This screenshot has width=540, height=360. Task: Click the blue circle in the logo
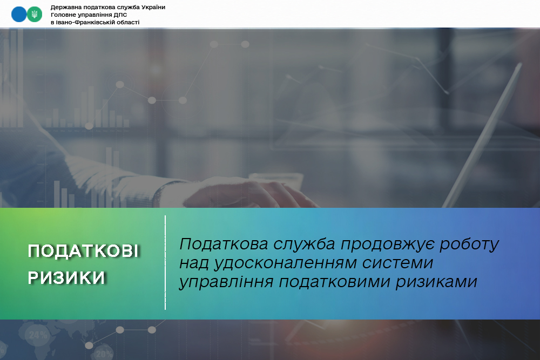click(x=18, y=15)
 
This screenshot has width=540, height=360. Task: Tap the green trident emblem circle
click(x=35, y=15)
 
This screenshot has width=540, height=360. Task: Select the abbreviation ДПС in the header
click(x=121, y=15)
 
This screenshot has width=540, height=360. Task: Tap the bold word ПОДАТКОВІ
click(x=83, y=251)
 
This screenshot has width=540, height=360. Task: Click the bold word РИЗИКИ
click(x=66, y=277)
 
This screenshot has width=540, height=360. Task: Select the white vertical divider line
click(x=165, y=263)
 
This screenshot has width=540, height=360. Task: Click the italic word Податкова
click(x=224, y=244)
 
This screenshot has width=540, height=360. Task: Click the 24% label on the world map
click(x=38, y=335)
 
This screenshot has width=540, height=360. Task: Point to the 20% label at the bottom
click(x=104, y=354)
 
